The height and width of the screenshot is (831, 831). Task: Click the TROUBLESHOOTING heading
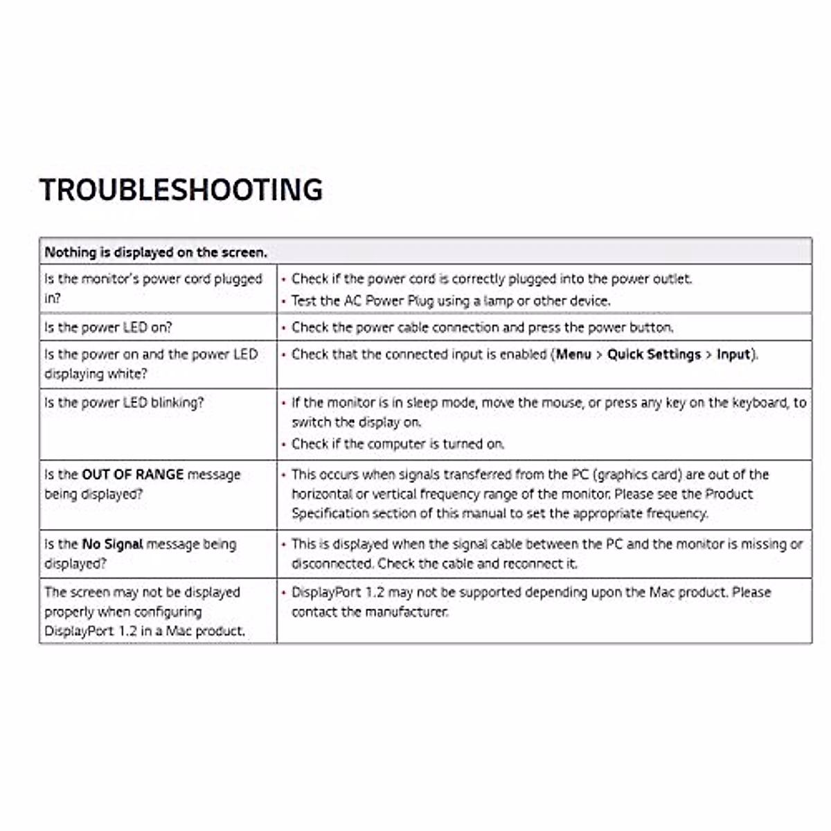pyautogui.click(x=181, y=190)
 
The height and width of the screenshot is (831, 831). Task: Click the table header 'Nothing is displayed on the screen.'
pyautogui.click(x=156, y=252)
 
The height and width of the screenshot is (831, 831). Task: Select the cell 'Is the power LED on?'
pyautogui.click(x=109, y=327)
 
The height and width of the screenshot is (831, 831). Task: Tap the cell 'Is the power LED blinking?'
pyautogui.click(x=124, y=402)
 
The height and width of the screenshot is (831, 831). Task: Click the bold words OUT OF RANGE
pyautogui.click(x=132, y=474)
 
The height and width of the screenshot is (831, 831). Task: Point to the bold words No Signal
pyautogui.click(x=112, y=544)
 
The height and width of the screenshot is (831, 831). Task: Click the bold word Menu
pyautogui.click(x=573, y=355)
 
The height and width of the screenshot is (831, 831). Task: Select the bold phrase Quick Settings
pyautogui.click(x=654, y=355)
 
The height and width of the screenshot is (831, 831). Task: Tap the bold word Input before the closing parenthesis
pyautogui.click(x=733, y=355)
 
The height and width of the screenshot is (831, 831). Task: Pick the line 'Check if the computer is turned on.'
pyautogui.click(x=397, y=444)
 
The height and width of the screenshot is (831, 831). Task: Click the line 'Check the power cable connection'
pyautogui.click(x=482, y=327)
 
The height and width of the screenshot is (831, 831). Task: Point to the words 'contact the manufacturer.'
pyautogui.click(x=370, y=612)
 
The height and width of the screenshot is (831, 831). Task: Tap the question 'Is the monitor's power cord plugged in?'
pyautogui.click(x=153, y=288)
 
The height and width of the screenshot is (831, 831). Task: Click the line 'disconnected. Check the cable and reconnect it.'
pyautogui.click(x=434, y=564)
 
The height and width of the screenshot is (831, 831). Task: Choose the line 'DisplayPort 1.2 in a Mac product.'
pyautogui.click(x=145, y=632)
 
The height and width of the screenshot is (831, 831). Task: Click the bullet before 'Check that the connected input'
pyautogui.click(x=284, y=355)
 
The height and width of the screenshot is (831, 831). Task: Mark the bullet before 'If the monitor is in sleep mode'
pyautogui.click(x=284, y=403)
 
